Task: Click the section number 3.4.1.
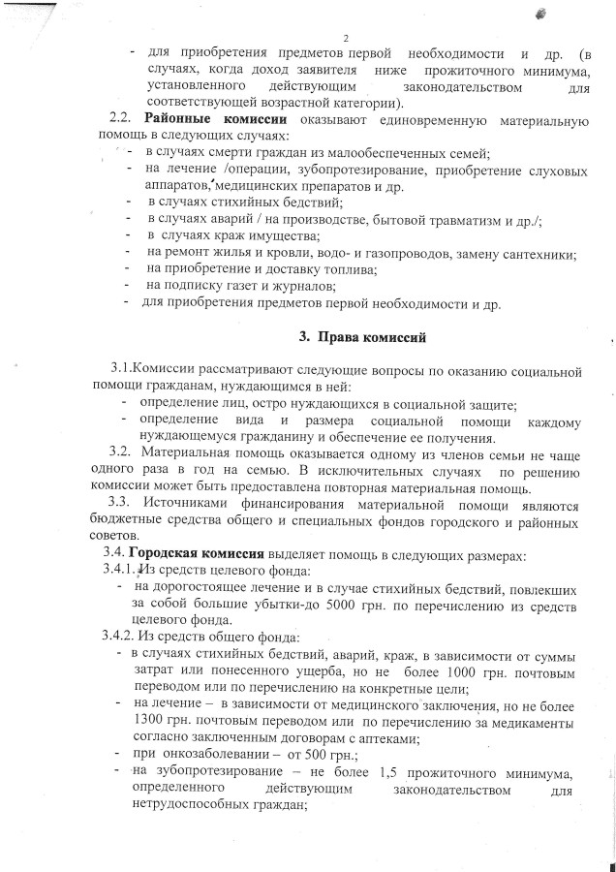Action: [x=122, y=570]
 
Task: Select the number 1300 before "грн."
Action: [x=154, y=721]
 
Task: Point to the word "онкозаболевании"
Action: [x=212, y=754]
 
